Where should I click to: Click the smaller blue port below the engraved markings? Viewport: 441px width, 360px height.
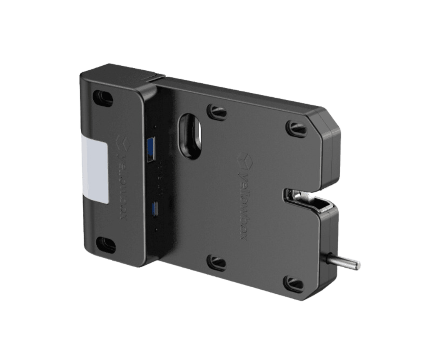click(155, 209)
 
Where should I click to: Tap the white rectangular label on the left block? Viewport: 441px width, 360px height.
click(95, 168)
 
